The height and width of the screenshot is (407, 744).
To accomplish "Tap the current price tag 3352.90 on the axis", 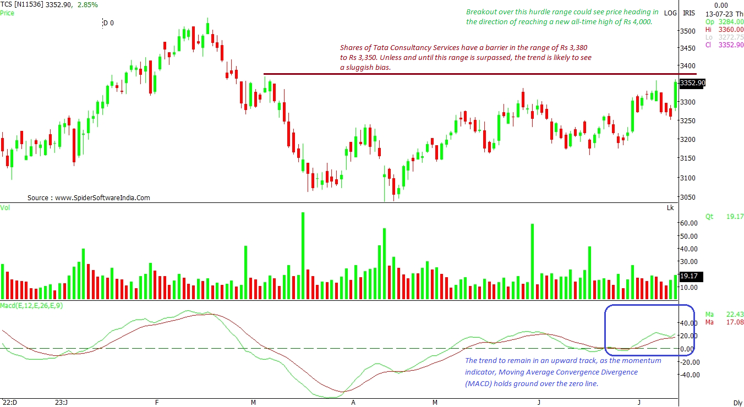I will tap(692, 83).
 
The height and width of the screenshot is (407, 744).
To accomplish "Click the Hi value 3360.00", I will tap(724, 29).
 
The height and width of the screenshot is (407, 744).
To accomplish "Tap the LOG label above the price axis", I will tap(670, 13).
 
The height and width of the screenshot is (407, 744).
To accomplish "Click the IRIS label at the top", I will tap(688, 13).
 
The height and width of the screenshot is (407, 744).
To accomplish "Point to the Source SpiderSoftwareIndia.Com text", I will tap(89, 198).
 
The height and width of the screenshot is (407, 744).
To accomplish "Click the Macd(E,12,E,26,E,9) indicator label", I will tap(31, 305).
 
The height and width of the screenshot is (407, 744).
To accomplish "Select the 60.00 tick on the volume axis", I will tap(689, 223).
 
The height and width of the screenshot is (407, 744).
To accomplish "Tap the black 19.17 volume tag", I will tap(689, 276).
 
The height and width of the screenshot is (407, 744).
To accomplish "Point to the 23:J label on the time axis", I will tap(62, 402).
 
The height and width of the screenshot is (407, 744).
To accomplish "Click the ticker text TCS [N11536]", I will tap(21, 4).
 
